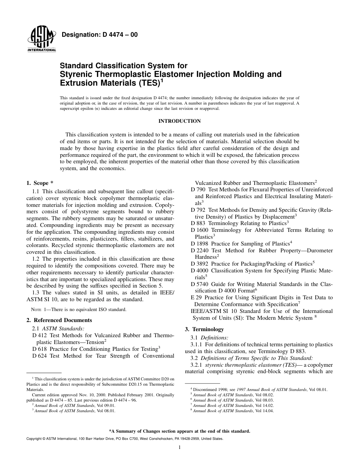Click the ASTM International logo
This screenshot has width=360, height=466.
click(x=41, y=40)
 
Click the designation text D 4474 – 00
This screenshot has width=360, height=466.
click(x=99, y=35)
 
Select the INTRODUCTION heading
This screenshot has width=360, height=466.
click(x=179, y=121)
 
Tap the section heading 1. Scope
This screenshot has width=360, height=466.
click(x=39, y=183)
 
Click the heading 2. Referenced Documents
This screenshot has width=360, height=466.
click(x=59, y=320)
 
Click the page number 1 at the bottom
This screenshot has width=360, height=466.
click(x=179, y=448)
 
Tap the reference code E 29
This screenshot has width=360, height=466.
click(x=197, y=298)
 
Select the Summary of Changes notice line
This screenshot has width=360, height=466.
click(x=179, y=431)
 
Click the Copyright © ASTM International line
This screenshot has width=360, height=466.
click(x=125, y=439)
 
